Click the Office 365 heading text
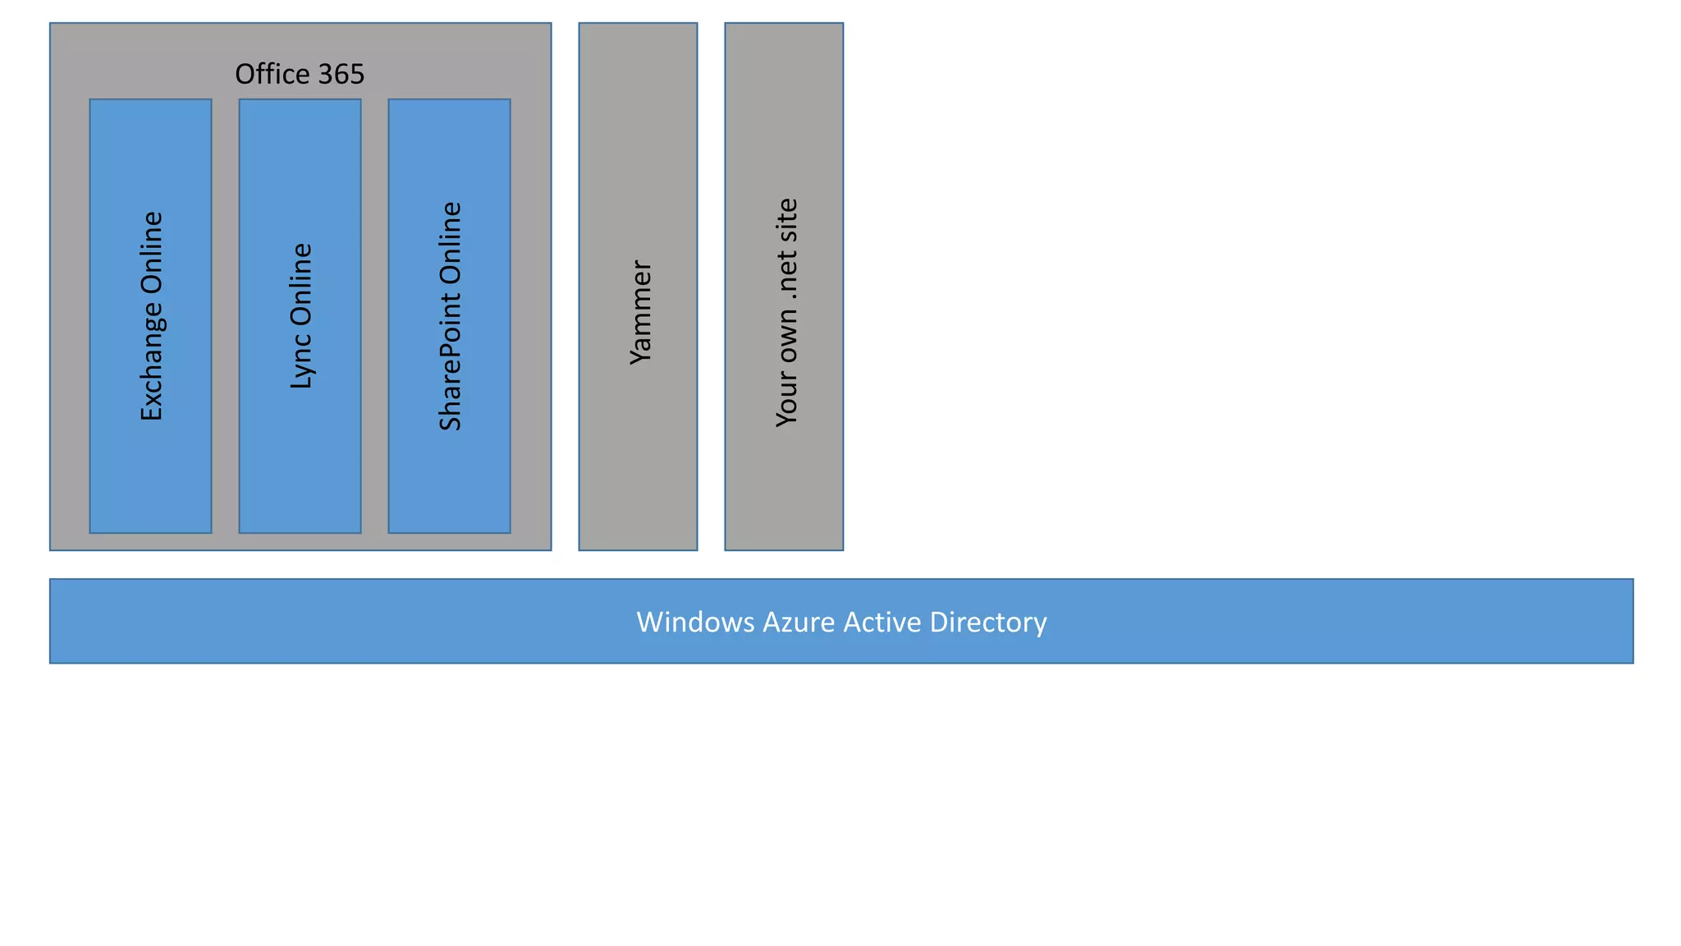coord(300,74)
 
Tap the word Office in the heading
coord(275,74)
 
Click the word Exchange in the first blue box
coord(152,362)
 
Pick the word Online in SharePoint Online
coord(451,241)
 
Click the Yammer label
coord(639,312)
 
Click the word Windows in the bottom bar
coord(695,622)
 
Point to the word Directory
coord(988,622)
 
